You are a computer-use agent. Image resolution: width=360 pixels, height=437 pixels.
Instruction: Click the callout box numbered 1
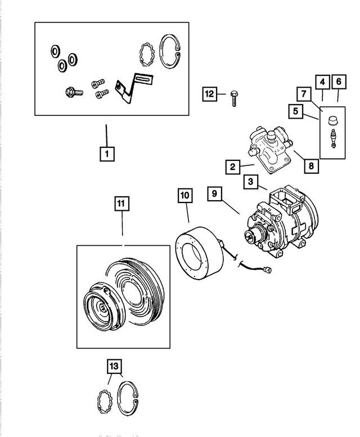pos(106,152)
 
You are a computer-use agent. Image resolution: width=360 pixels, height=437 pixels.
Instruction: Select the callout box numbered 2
pos(232,166)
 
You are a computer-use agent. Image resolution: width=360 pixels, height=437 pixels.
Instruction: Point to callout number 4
pos(322,82)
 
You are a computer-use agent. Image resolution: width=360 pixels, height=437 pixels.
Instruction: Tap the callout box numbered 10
pos(185,196)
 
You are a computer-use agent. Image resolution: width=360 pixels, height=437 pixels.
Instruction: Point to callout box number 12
pos(209,94)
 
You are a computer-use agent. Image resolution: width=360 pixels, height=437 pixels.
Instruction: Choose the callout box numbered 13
pos(114,366)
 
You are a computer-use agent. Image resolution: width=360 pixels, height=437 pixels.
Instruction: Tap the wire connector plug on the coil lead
pos(271,272)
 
